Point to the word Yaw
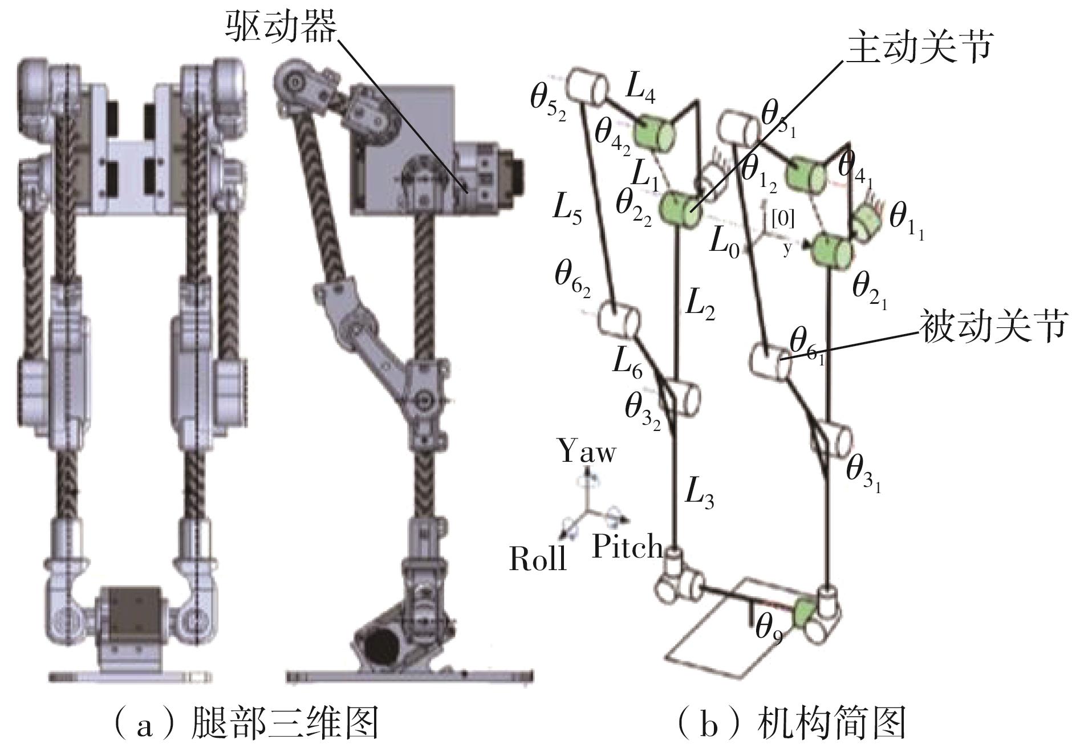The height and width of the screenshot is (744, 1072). click(587, 452)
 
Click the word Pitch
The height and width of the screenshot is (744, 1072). click(628, 547)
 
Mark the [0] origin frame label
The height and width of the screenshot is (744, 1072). click(782, 218)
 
